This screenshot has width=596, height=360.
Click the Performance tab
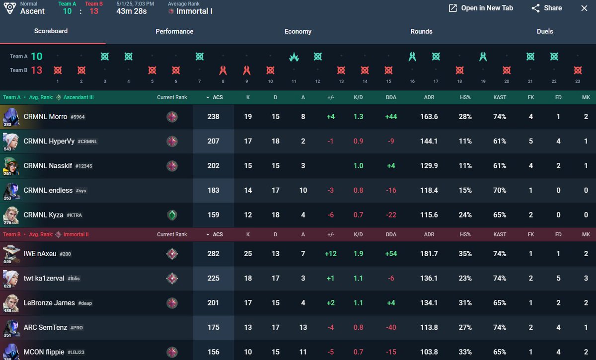(x=174, y=31)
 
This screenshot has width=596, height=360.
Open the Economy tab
(x=298, y=31)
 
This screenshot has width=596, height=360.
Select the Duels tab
(x=545, y=31)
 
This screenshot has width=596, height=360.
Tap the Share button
(x=546, y=8)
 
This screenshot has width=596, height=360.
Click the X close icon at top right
(x=584, y=8)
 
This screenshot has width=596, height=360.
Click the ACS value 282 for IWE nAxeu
(x=213, y=254)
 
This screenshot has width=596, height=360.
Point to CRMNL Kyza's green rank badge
(x=172, y=215)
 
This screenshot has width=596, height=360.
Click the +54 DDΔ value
(x=391, y=254)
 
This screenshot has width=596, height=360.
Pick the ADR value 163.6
(x=429, y=117)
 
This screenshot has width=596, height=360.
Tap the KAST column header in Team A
(x=500, y=97)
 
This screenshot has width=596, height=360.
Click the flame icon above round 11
(x=294, y=57)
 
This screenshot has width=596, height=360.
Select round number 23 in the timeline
(x=577, y=81)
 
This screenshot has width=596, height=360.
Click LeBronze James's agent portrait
(x=11, y=302)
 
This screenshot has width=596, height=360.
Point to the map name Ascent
(x=32, y=11)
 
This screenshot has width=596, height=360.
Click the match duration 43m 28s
(x=132, y=11)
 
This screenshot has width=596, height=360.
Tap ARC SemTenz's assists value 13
(x=303, y=327)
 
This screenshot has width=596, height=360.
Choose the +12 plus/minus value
(x=330, y=254)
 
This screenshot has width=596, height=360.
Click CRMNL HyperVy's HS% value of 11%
(x=465, y=141)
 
